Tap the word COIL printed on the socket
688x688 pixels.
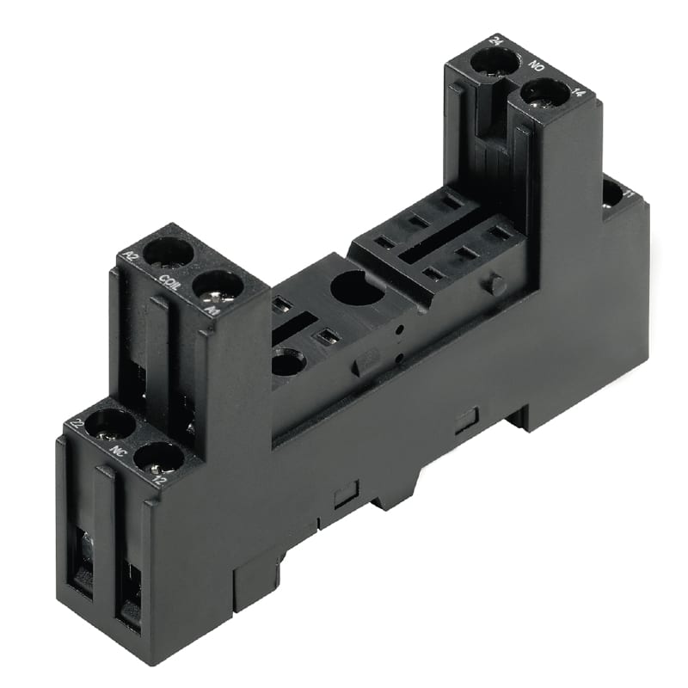point(169,283)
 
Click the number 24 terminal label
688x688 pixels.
point(496,40)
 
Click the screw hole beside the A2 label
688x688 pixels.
point(168,252)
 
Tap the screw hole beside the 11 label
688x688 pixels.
point(611,193)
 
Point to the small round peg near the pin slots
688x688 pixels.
point(496,283)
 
